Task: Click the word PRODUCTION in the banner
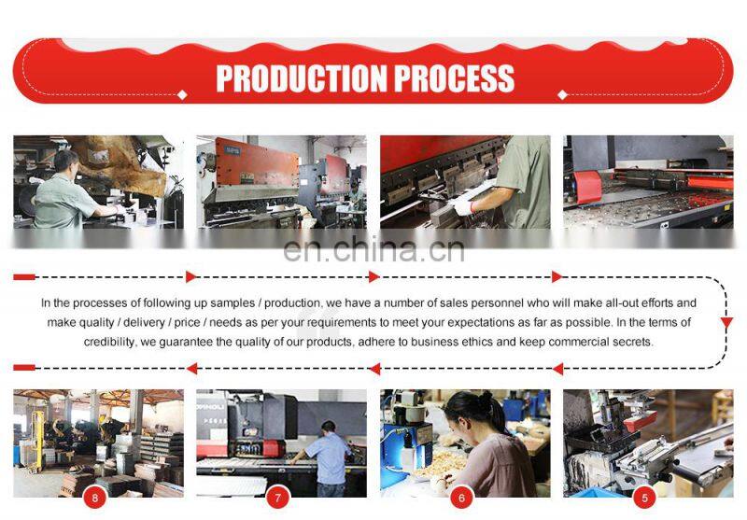(x=301, y=78)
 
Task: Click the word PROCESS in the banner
(x=455, y=78)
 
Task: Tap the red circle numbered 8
(x=95, y=499)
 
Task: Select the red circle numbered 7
(x=277, y=499)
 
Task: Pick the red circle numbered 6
(x=461, y=499)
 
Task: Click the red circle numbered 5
(x=644, y=499)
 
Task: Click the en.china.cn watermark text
(x=374, y=249)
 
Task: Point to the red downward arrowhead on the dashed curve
(x=726, y=323)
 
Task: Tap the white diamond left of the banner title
(x=182, y=95)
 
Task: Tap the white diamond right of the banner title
(x=562, y=95)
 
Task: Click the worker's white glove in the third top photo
(x=462, y=206)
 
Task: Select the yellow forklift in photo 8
(x=35, y=441)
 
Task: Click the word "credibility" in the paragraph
(x=109, y=342)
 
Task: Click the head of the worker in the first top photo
(x=65, y=162)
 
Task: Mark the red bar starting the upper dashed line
(x=24, y=277)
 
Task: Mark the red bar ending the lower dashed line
(x=24, y=368)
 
